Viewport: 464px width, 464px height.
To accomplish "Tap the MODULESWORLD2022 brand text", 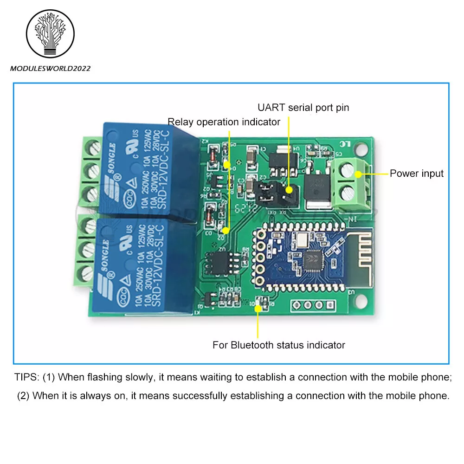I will coord(50,69).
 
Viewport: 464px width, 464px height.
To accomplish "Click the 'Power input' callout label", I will coord(416,174).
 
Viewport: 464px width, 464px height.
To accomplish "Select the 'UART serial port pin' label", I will coord(303,108).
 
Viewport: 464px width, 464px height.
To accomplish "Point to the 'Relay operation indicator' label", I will coord(224,122).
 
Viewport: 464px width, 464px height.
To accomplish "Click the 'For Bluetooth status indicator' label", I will coord(278,345).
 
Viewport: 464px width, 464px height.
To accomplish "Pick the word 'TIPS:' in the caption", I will coord(27,377).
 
